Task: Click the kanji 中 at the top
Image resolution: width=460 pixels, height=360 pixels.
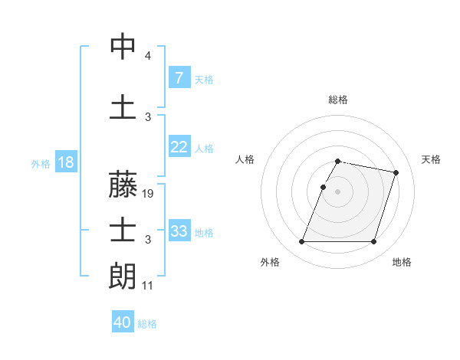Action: [123, 47]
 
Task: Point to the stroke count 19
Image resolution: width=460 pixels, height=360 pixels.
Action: [149, 194]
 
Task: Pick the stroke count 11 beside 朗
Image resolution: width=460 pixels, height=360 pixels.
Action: [148, 285]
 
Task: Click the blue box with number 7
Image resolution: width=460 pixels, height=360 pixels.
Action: [179, 78]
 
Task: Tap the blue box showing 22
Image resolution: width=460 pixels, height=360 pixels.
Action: [179, 147]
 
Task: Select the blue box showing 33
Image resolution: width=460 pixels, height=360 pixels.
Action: [179, 231]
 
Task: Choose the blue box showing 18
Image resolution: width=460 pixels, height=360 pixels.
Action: [65, 162]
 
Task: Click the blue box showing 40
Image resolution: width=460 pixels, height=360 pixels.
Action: [123, 322]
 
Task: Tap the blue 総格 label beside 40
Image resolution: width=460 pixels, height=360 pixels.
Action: [147, 324]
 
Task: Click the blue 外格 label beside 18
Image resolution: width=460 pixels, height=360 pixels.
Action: [40, 163]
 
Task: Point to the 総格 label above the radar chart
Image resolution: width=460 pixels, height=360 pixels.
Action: [338, 100]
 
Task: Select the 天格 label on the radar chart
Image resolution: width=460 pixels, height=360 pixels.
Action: [431, 159]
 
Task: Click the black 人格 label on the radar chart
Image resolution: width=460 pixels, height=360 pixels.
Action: [245, 159]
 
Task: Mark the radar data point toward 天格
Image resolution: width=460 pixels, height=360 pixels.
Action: [396, 173]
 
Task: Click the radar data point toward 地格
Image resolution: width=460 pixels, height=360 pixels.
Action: [373, 242]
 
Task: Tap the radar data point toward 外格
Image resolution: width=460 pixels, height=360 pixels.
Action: [302, 242]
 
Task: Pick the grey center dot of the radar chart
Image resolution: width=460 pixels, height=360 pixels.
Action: [338, 191]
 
